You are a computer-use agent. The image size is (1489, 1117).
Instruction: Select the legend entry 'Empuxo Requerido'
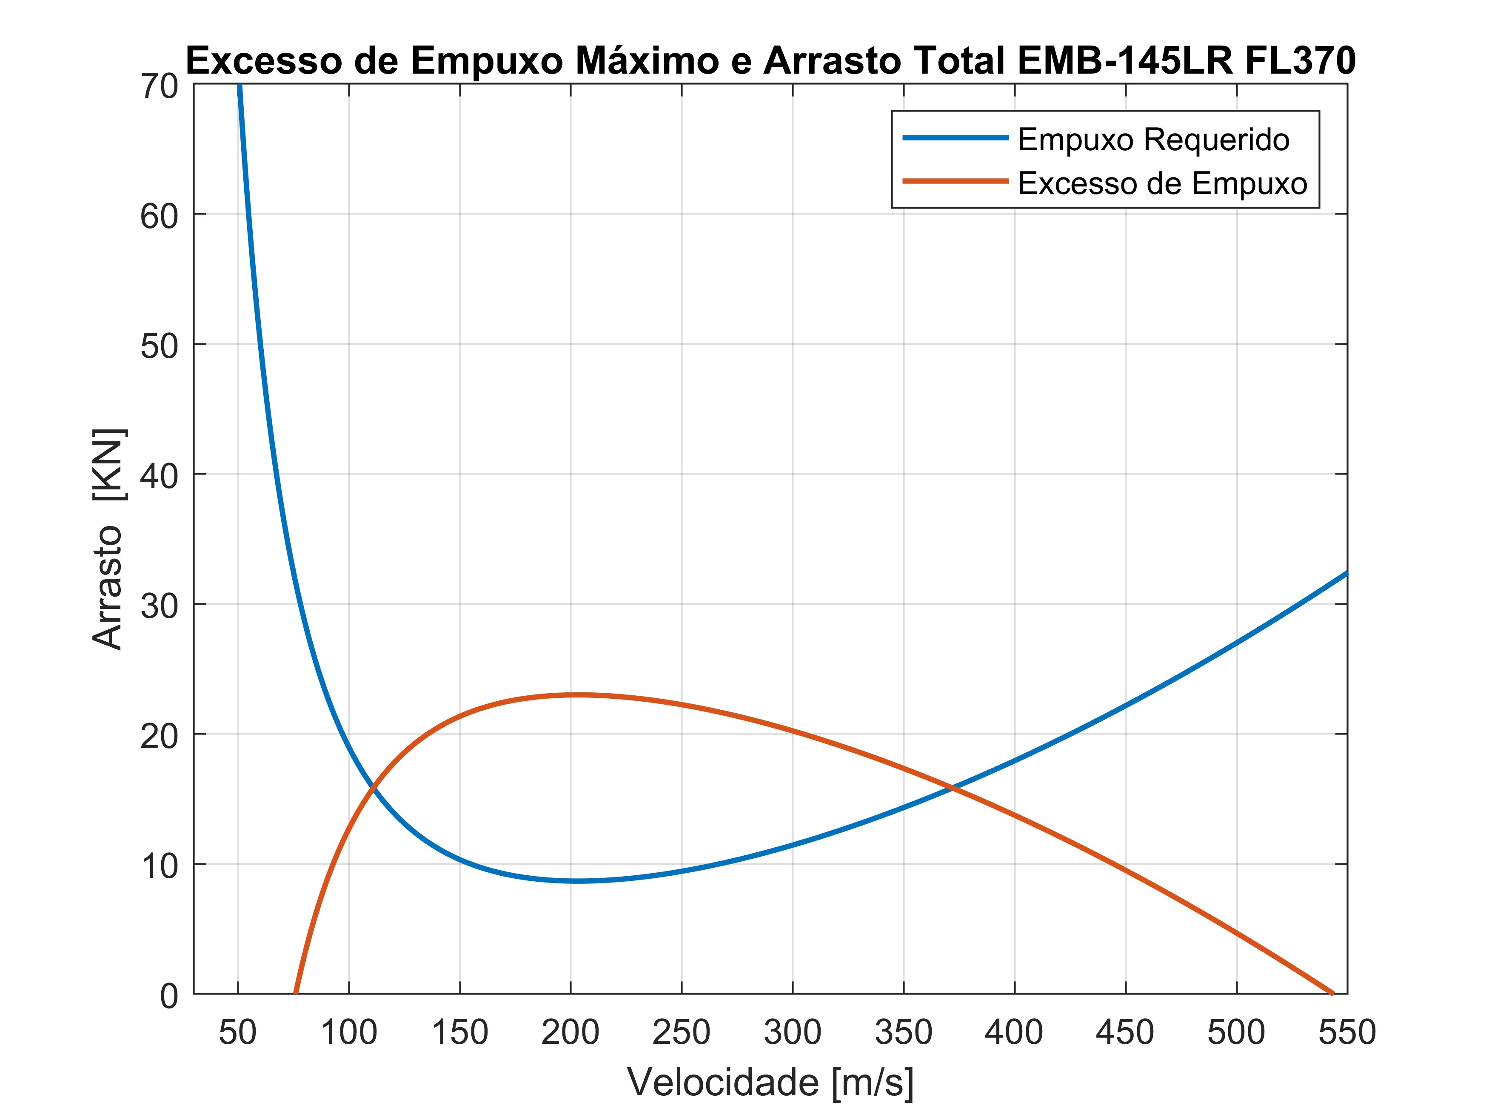1153,140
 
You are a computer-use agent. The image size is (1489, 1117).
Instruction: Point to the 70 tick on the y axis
160,87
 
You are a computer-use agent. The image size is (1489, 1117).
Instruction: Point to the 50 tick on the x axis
238,1032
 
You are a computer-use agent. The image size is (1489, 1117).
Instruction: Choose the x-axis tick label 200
570,1032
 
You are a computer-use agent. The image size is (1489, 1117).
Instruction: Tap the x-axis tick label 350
903,1032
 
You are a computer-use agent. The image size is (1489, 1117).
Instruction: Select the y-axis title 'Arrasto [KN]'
108,539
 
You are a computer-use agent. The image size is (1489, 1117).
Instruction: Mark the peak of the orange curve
576,695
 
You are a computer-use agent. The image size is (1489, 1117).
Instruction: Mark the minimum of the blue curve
576,881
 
